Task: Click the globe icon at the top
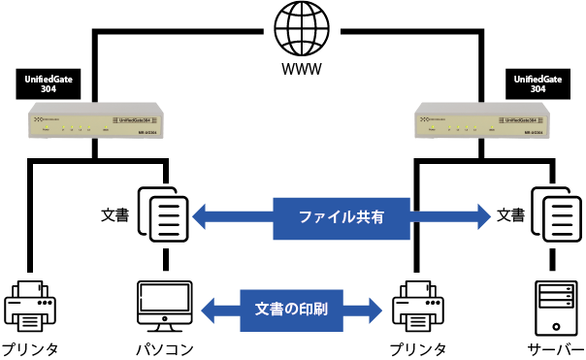coord(301,30)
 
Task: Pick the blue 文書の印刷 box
coord(290,311)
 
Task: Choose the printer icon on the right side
coord(418,305)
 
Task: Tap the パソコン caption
coord(164,348)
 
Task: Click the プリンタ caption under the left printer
coord(31,348)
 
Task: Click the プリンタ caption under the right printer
coord(419,348)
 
